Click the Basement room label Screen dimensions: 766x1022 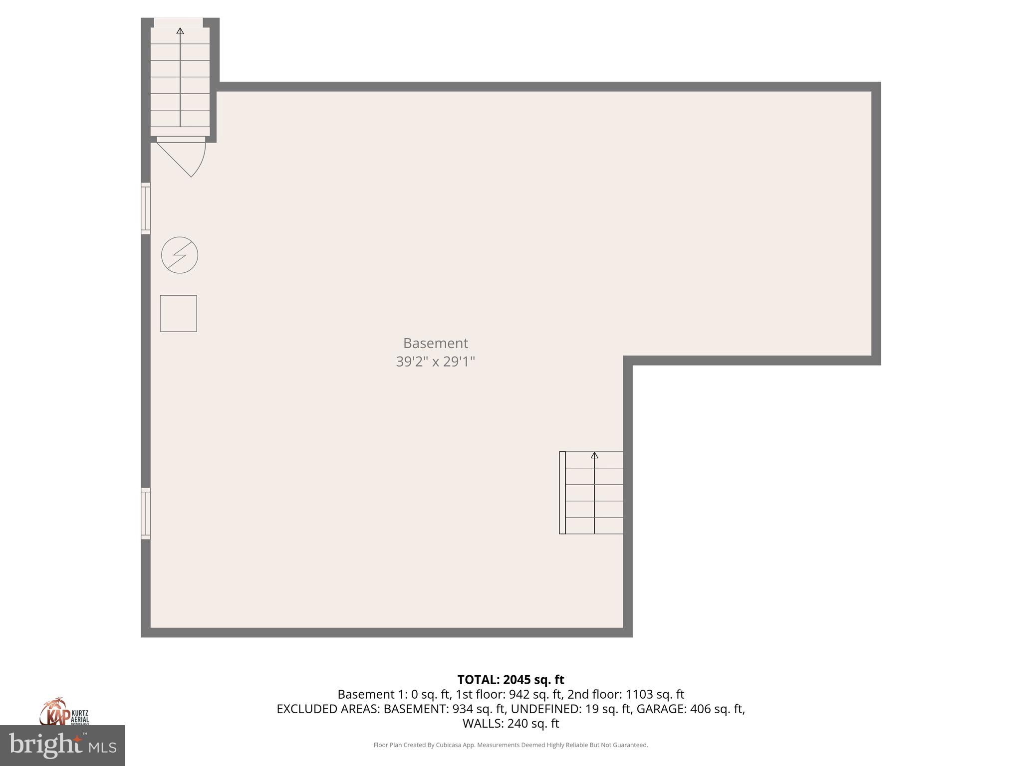coord(435,343)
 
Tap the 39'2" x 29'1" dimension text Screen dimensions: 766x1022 coord(435,362)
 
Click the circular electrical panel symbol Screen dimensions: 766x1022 coord(180,255)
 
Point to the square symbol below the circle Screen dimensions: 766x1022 coord(178,313)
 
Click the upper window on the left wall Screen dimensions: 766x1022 coord(146,208)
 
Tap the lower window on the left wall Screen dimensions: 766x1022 coord(146,513)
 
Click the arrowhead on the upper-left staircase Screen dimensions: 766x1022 coord(180,31)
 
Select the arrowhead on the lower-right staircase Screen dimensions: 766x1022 coord(594,455)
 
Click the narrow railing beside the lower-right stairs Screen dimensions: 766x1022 coord(562,493)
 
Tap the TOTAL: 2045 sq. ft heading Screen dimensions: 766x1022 coord(511,680)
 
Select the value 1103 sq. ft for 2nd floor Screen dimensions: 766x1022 coord(655,694)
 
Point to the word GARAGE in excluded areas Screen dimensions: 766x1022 coord(662,709)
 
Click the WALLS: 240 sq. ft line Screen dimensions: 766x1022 coord(511,723)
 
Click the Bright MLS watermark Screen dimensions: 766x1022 coord(62,746)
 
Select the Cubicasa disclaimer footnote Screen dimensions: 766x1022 coord(511,745)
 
